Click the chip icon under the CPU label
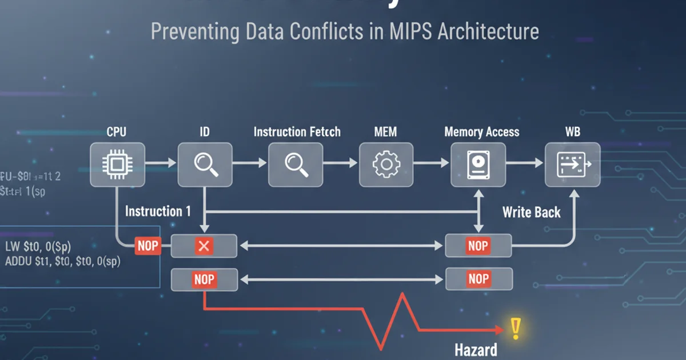pyautogui.click(x=117, y=164)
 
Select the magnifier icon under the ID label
pyautogui.click(x=205, y=164)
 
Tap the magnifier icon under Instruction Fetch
pyautogui.click(x=296, y=164)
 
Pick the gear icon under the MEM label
pyautogui.click(x=386, y=164)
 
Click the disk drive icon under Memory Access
pyautogui.click(x=478, y=164)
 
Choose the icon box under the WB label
pyautogui.click(x=572, y=164)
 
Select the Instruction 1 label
pyautogui.click(x=158, y=211)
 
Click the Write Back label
pyautogui.click(x=531, y=213)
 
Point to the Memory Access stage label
pyautogui.click(x=482, y=132)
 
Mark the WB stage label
pyautogui.click(x=572, y=132)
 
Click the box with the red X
pyautogui.click(x=204, y=246)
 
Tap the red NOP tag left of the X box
pyautogui.click(x=147, y=247)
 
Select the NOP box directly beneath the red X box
pyautogui.click(x=204, y=279)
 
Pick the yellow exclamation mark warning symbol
pyautogui.click(x=516, y=327)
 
